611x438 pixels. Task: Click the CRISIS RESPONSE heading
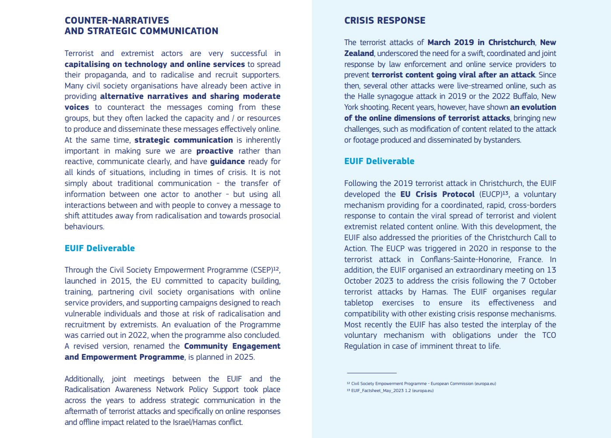[x=384, y=21]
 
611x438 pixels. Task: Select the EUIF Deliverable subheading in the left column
[x=100, y=248]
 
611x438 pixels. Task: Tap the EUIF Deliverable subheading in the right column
[x=379, y=161]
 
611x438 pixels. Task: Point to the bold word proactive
[x=215, y=151]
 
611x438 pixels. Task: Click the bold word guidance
[x=227, y=161]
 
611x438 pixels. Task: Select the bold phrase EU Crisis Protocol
[x=437, y=194]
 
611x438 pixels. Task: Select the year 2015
[x=121, y=281]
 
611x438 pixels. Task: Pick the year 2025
[x=244, y=357]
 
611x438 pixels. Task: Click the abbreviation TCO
[x=549, y=335]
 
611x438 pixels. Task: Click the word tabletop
[x=359, y=303]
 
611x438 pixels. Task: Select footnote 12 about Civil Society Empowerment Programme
[x=421, y=384]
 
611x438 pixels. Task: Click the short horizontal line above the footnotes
[x=371, y=373]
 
